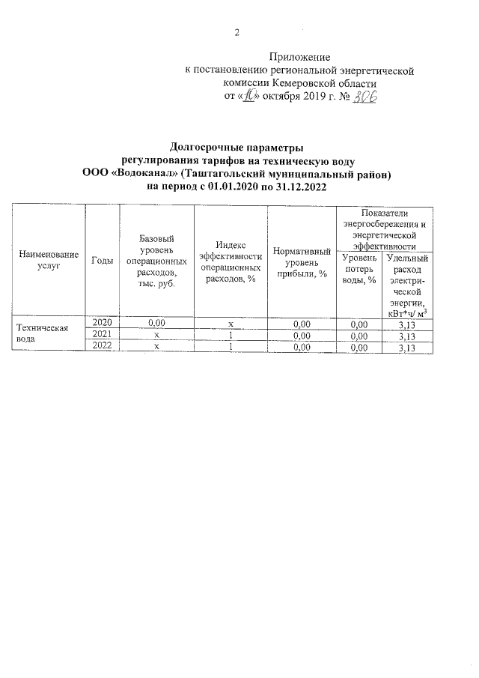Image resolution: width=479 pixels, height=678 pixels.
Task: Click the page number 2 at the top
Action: pyautogui.click(x=237, y=32)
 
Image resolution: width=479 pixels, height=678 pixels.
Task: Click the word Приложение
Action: pyautogui.click(x=299, y=57)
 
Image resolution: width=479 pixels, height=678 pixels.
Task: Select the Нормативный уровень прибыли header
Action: pyautogui.click(x=302, y=262)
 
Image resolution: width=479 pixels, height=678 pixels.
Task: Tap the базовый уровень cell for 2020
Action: pyautogui.click(x=156, y=323)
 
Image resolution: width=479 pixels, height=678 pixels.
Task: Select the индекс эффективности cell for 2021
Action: pyautogui.click(x=231, y=335)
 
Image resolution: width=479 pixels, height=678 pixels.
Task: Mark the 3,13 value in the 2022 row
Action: pyautogui.click(x=407, y=348)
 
